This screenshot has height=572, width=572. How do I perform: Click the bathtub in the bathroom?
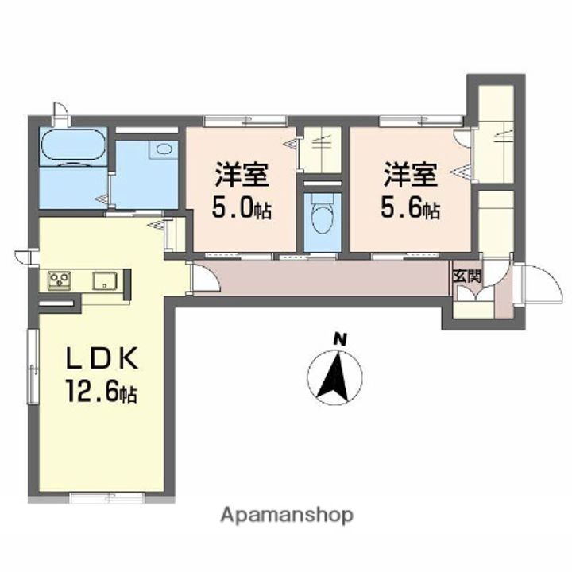[x=73, y=145]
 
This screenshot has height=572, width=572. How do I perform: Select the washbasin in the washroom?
[x=164, y=149]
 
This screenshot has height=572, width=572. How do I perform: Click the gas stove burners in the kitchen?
[x=59, y=280]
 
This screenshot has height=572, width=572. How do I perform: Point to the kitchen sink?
[x=105, y=281]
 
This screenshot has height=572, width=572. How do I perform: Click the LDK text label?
[x=102, y=358]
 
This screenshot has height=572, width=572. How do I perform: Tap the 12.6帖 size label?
[x=101, y=391]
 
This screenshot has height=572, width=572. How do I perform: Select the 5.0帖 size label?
[x=242, y=209]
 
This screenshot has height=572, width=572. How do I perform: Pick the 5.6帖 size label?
[x=410, y=209]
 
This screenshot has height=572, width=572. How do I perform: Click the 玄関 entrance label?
[x=467, y=276]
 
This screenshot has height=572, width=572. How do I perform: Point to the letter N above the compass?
[x=340, y=340]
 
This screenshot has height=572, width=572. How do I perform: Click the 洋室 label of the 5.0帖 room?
[x=242, y=175]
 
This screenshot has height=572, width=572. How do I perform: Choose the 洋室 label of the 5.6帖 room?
[x=410, y=175]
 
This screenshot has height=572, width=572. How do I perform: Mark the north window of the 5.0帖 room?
[x=245, y=121]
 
